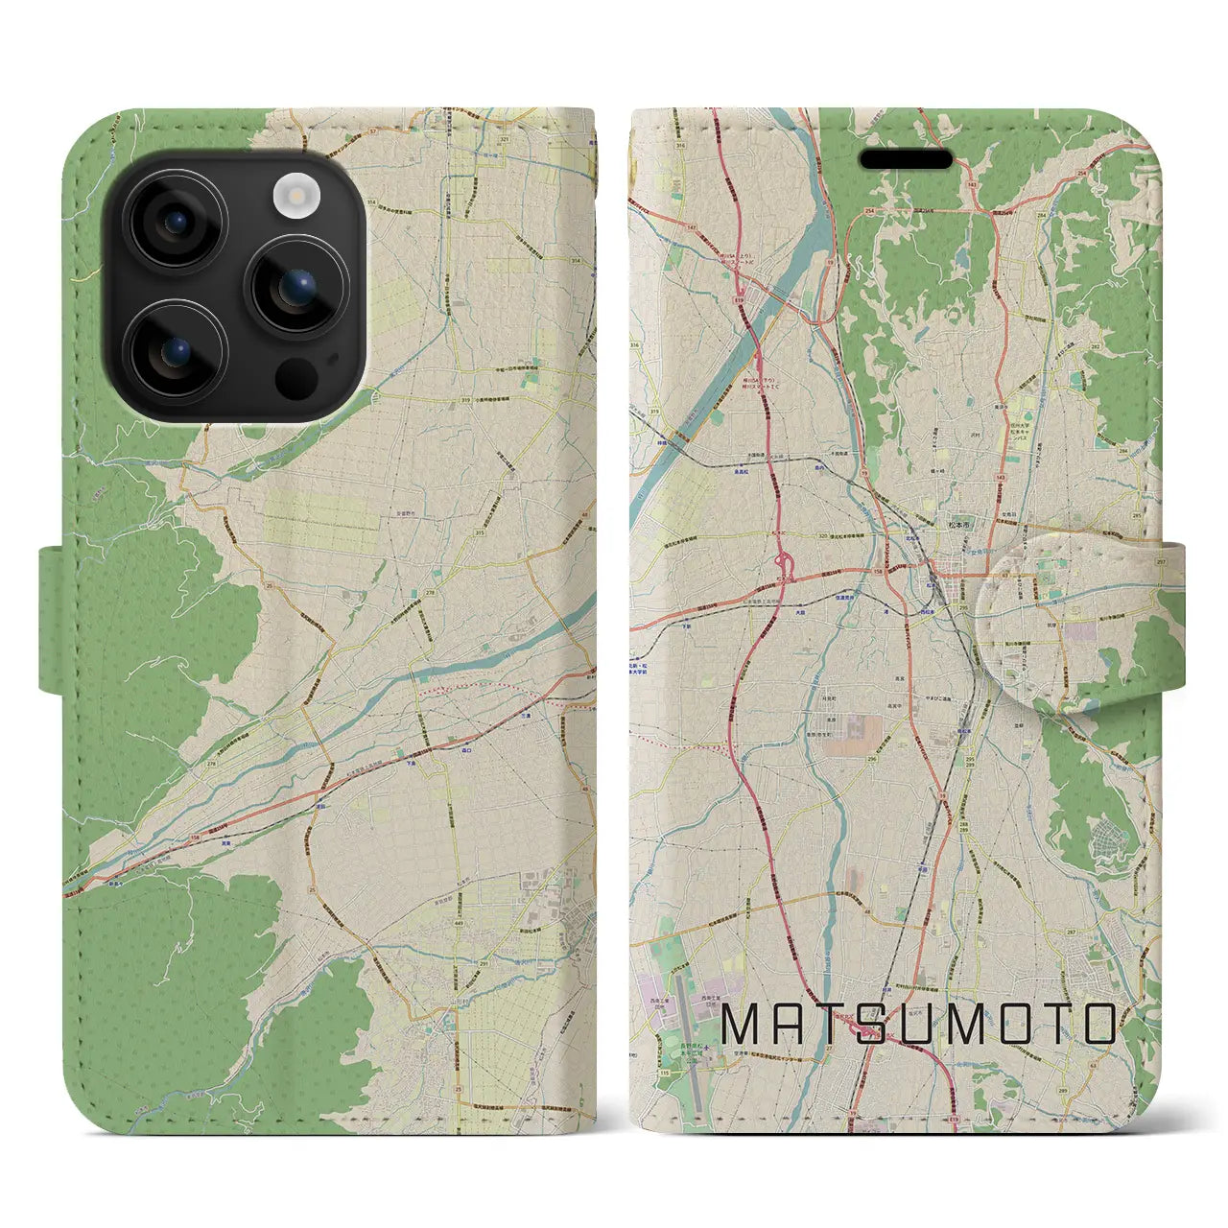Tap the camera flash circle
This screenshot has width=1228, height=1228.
[296, 196]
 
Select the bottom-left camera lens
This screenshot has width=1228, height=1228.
[177, 352]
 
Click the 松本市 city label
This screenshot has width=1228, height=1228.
[944, 526]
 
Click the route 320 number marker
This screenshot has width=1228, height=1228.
[796, 539]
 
